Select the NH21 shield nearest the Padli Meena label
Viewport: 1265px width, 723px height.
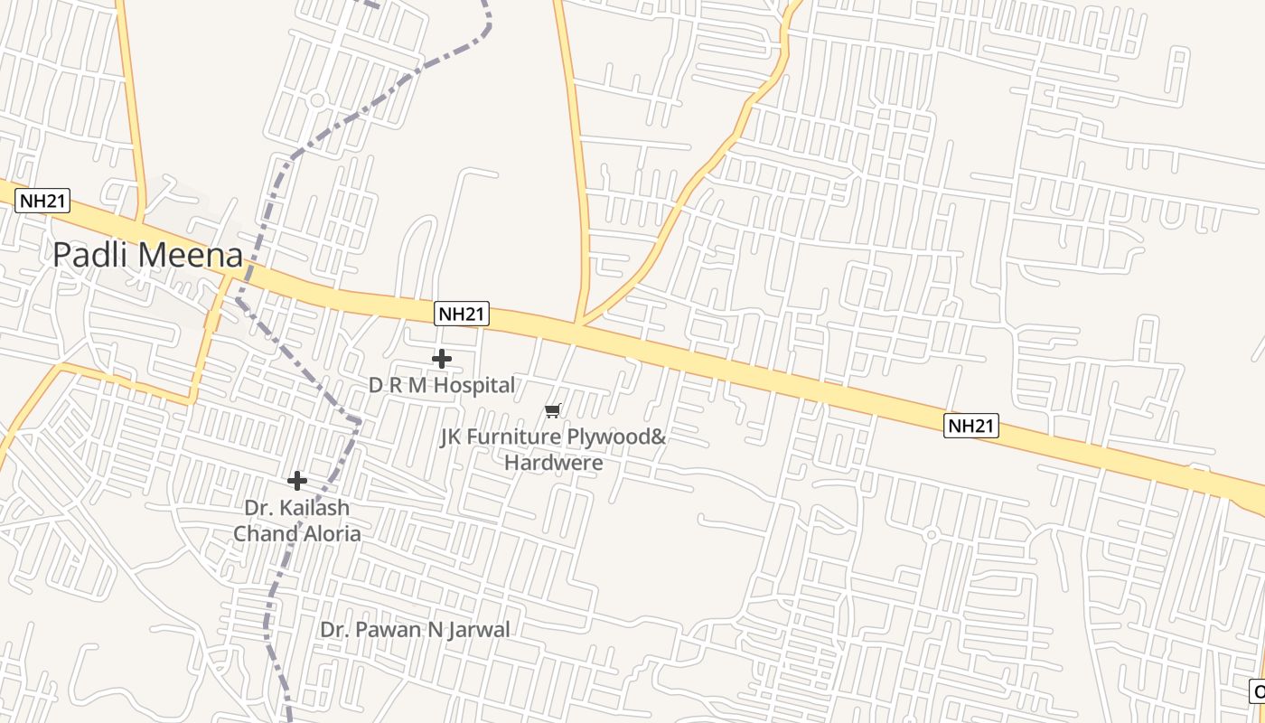click(42, 201)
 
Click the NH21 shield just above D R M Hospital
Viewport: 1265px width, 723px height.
click(462, 314)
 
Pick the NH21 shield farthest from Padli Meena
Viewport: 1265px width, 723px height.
click(971, 426)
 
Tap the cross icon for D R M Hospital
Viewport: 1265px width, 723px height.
click(442, 359)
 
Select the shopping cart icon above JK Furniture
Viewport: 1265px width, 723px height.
click(553, 411)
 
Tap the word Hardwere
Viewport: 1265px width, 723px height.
click(554, 463)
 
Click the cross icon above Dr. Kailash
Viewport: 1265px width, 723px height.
click(297, 481)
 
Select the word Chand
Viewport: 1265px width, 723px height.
click(262, 533)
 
